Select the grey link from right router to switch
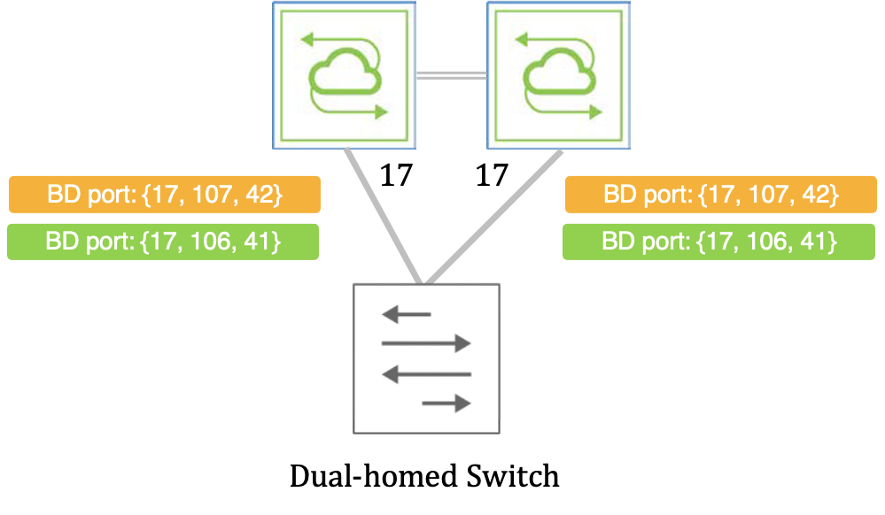(494, 217)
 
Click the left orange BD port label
(164, 195)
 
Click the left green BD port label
(164, 241)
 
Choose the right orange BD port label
(720, 195)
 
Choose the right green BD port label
(720, 241)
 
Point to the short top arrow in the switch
(407, 314)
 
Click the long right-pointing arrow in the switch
(426, 343)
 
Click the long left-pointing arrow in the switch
(426, 374)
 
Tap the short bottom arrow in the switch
(446, 404)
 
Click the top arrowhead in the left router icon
(307, 39)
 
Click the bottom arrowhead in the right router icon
(596, 111)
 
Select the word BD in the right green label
(617, 241)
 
